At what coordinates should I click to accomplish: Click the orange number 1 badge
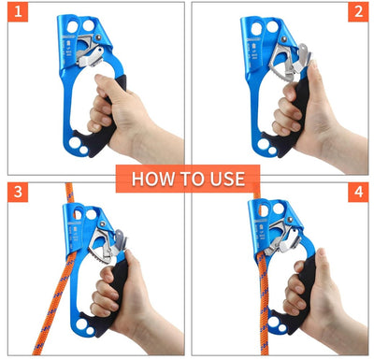(x=18, y=12)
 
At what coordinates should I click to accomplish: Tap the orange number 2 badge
(x=358, y=12)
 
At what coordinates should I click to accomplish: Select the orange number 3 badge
(x=18, y=192)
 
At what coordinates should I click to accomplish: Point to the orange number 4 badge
(x=358, y=192)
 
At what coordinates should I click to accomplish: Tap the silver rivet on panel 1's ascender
(x=98, y=37)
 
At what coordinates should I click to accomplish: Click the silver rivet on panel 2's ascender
(x=284, y=39)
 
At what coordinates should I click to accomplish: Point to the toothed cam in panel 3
(x=101, y=246)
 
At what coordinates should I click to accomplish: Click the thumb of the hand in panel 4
(x=321, y=259)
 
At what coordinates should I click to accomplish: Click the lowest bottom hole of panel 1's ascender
(x=83, y=151)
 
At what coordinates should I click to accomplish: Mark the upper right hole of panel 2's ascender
(x=272, y=27)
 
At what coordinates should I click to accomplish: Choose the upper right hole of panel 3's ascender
(x=91, y=214)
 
